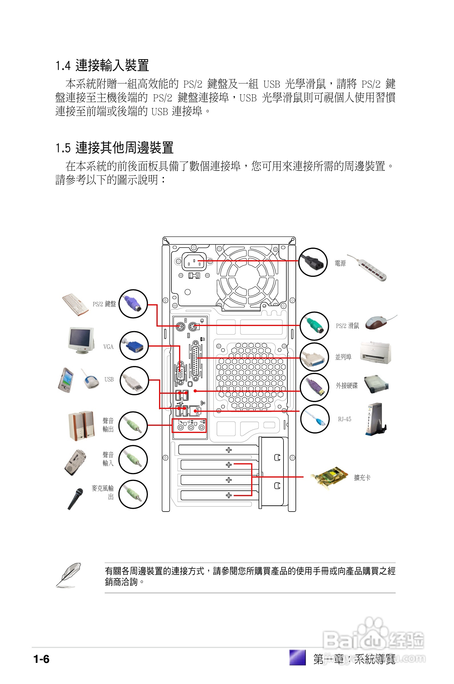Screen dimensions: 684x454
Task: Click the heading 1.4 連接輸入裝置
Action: point(102,65)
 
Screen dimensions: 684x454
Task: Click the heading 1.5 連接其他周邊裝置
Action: point(114,148)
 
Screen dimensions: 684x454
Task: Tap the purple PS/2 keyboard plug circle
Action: point(133,304)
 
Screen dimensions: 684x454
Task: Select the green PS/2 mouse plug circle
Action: point(314,326)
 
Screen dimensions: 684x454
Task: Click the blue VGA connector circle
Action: point(134,345)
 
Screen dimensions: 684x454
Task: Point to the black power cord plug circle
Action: point(313,262)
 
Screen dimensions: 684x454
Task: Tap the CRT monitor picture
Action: point(81,340)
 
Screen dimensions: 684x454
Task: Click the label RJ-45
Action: point(344,419)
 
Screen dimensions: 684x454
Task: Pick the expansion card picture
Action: point(330,478)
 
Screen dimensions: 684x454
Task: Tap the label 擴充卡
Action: point(362,478)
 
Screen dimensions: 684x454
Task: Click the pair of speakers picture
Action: point(81,425)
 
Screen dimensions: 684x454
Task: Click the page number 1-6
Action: point(41,659)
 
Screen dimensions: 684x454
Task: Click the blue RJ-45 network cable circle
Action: point(315,419)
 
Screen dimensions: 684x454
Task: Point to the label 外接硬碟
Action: point(347,385)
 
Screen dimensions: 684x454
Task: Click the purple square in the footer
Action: point(297,657)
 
